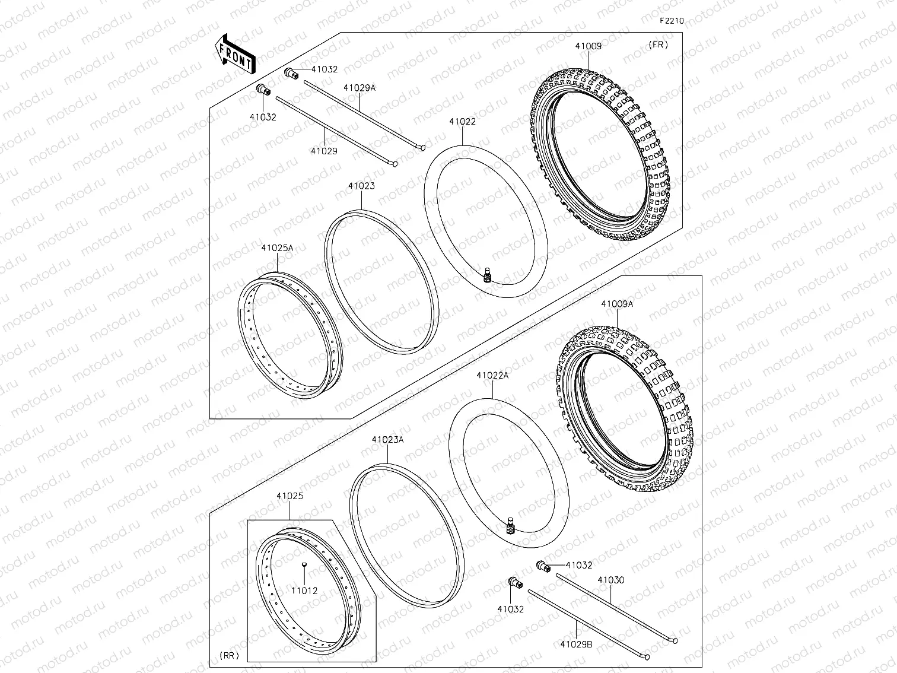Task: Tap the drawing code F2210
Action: (x=672, y=20)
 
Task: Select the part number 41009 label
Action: (x=588, y=46)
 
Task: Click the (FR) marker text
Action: (x=658, y=45)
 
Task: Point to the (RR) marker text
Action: (x=228, y=656)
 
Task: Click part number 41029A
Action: (x=360, y=87)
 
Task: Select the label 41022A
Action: (x=492, y=375)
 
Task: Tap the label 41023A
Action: (x=387, y=440)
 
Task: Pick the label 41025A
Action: (x=277, y=247)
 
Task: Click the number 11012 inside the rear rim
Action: (x=304, y=591)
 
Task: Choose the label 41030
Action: (x=610, y=580)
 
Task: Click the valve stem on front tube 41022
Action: (x=488, y=276)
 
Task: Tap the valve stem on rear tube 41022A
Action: (x=509, y=526)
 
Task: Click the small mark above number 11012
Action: (x=304, y=564)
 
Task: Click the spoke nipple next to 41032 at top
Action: (x=290, y=72)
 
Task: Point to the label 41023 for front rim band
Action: (x=361, y=186)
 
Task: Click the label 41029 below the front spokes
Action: (x=324, y=151)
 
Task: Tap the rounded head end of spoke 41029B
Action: (x=647, y=657)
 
